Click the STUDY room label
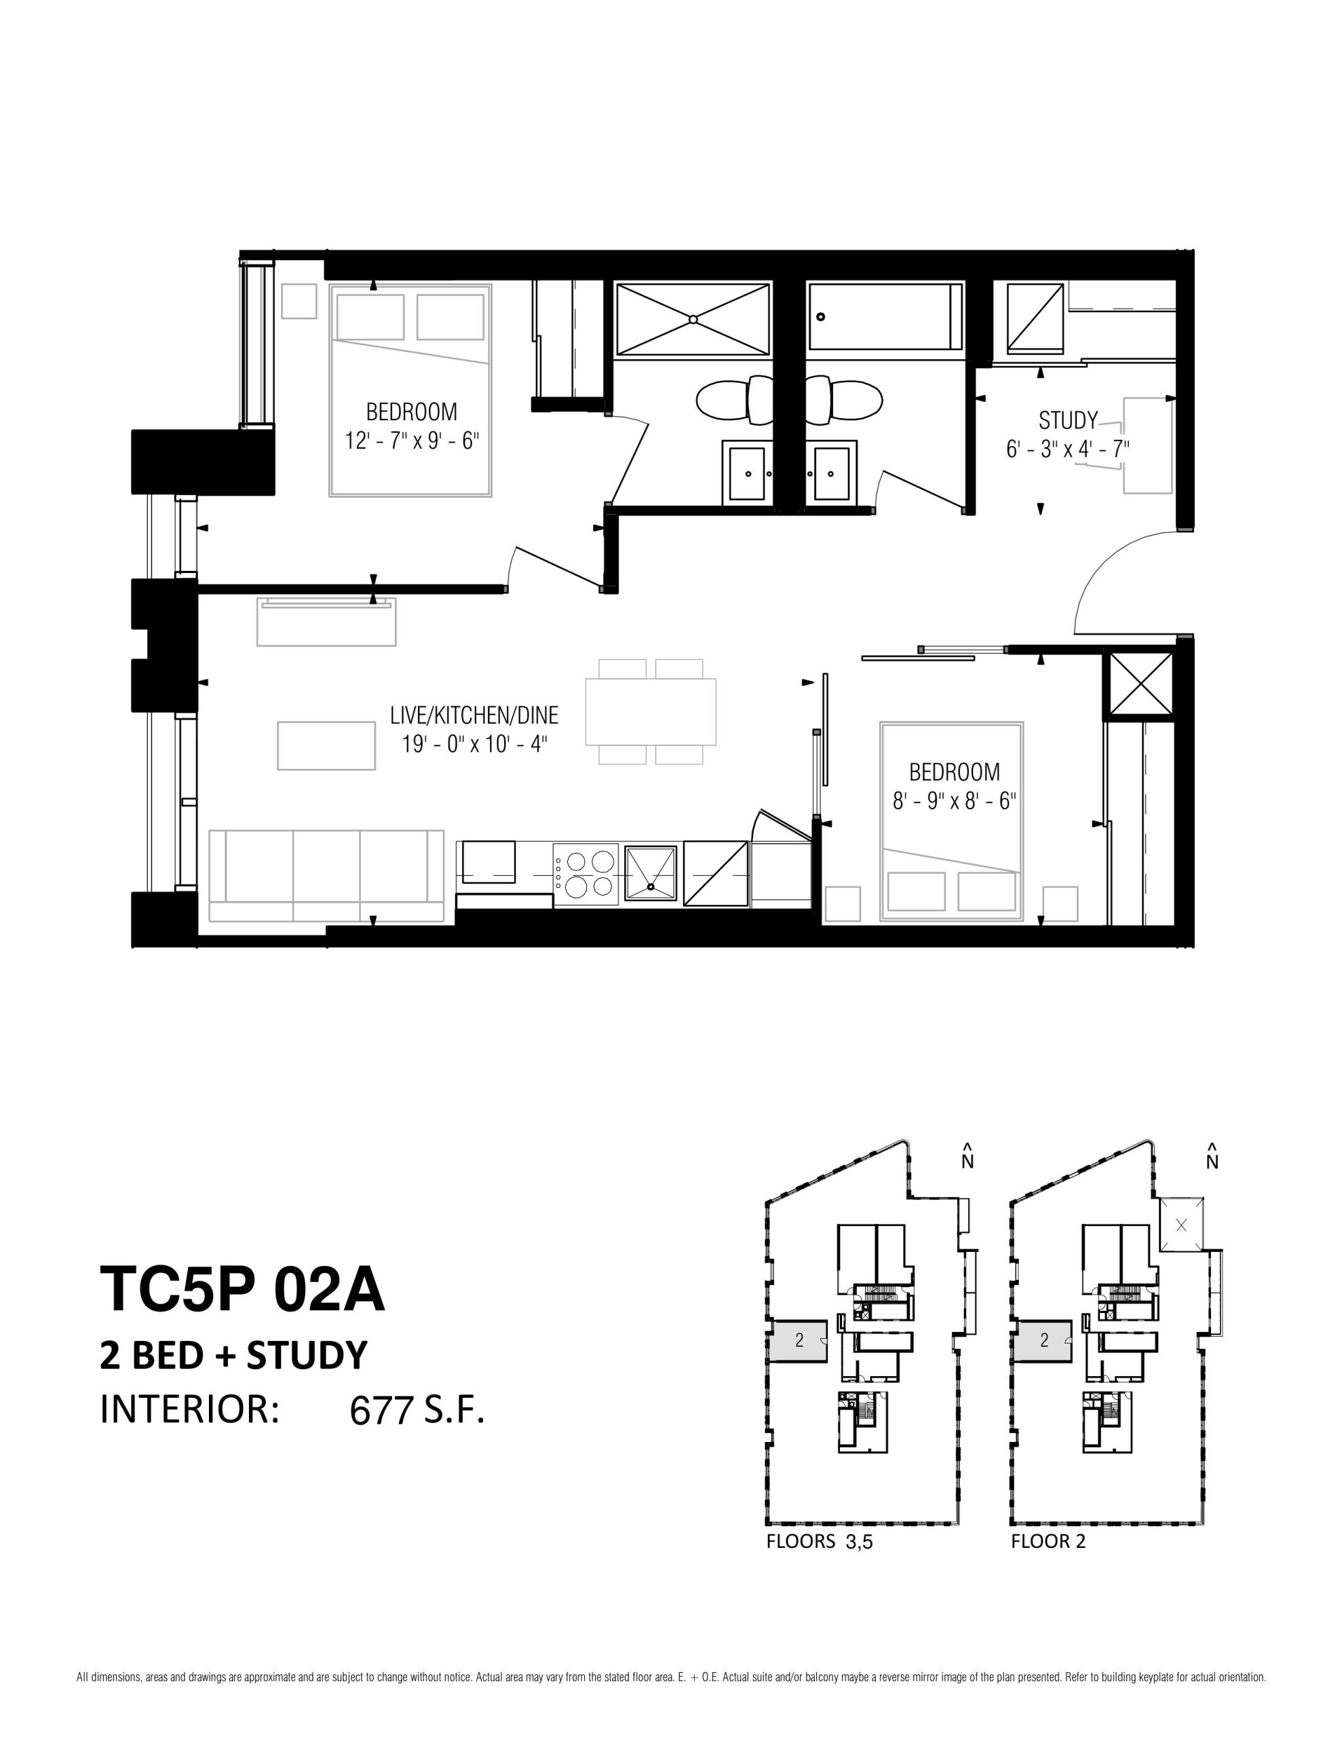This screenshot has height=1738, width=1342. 1067,420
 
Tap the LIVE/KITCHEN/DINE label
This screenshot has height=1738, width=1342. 474,715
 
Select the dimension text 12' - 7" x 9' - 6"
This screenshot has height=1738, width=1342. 412,441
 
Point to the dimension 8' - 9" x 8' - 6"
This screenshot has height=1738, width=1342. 955,800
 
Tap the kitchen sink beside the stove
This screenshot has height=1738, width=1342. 651,874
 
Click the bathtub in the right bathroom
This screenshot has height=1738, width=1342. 885,316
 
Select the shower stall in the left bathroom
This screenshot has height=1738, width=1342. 693,319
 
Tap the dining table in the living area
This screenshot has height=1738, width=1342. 651,711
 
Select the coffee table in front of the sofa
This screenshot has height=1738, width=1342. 326,745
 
